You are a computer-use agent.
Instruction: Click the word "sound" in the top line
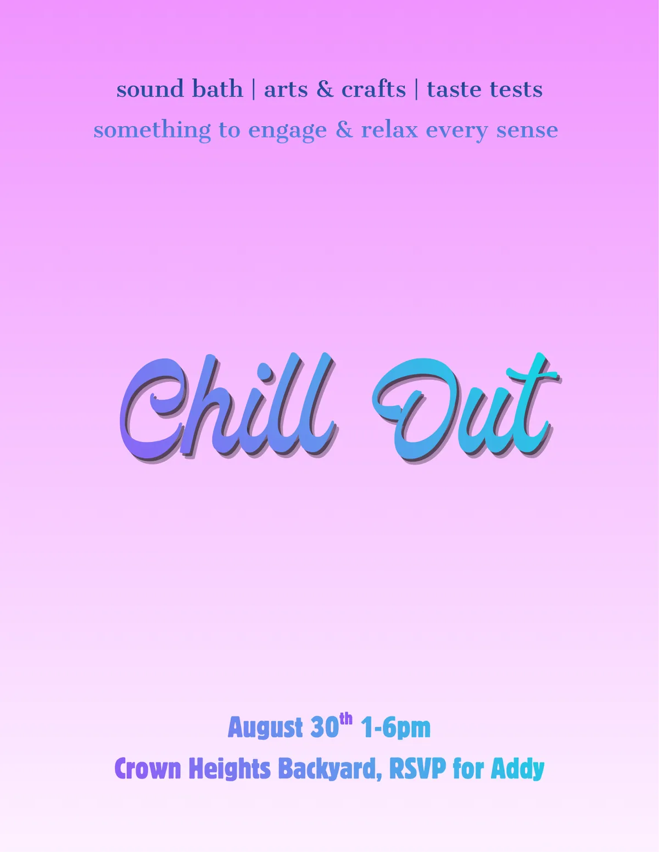tap(150, 89)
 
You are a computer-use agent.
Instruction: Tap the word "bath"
tap(217, 88)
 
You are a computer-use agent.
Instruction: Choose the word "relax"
tap(389, 130)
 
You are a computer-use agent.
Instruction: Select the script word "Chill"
tap(228, 407)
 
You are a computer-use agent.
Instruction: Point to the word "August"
tap(265, 728)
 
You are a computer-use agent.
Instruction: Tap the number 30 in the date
tap(325, 727)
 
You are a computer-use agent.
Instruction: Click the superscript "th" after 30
tap(346, 720)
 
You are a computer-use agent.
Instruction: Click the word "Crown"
tap(148, 769)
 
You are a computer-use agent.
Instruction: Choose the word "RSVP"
tap(417, 769)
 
